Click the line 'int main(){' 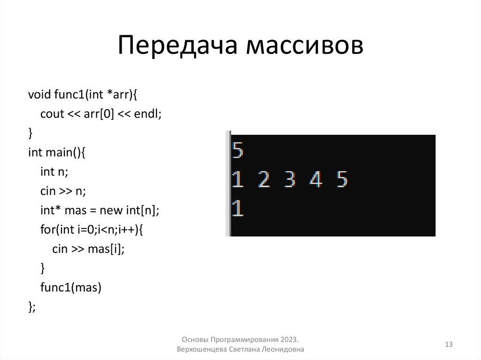57,153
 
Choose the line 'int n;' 54,172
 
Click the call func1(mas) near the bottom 71,288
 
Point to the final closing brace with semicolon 32,307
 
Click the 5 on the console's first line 238,151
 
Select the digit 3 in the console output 290,179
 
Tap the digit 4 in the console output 316,179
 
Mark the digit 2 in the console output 264,179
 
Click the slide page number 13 448,345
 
